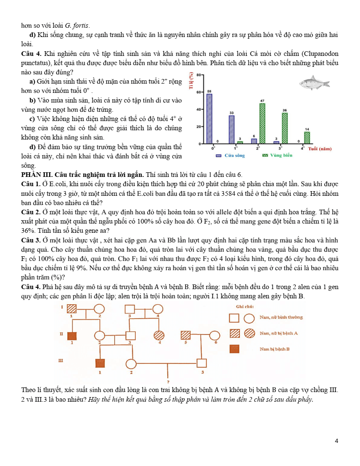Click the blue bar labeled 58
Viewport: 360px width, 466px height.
coord(209,118)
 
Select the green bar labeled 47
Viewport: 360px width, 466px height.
coord(262,124)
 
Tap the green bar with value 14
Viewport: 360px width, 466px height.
coord(307,137)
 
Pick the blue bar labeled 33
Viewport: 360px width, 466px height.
coord(231,129)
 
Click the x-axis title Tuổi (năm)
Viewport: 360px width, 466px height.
coord(320,149)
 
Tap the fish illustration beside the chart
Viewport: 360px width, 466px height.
coord(312,82)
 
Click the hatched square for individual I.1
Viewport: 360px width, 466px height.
coord(72,308)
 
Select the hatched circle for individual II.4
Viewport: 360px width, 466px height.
coord(160,335)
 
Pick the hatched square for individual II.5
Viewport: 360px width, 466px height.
coord(186,335)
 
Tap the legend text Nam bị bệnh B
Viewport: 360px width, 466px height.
coord(274,349)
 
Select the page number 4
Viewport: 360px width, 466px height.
coord(336,441)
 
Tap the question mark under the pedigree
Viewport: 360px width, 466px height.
coord(168,382)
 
